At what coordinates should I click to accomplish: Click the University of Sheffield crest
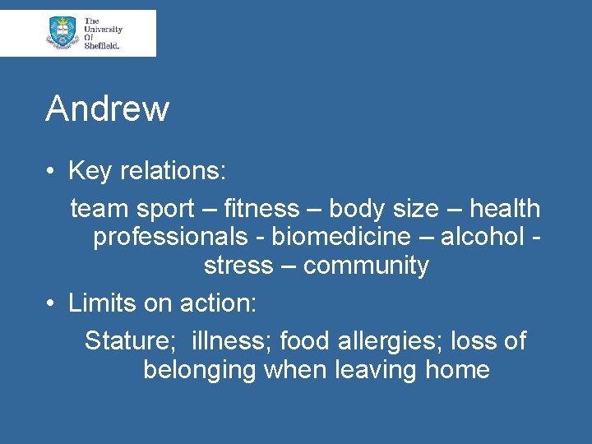62,32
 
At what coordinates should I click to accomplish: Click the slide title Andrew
107,109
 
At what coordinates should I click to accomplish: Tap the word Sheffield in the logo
102,46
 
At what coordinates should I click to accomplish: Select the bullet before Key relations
51,171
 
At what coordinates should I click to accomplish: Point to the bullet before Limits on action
51,303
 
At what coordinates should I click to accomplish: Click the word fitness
261,209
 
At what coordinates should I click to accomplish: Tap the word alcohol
483,237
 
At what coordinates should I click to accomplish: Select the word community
366,266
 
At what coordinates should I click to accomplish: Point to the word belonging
200,370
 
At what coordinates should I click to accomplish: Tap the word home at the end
457,370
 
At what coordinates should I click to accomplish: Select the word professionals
169,237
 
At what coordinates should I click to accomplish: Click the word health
505,209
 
